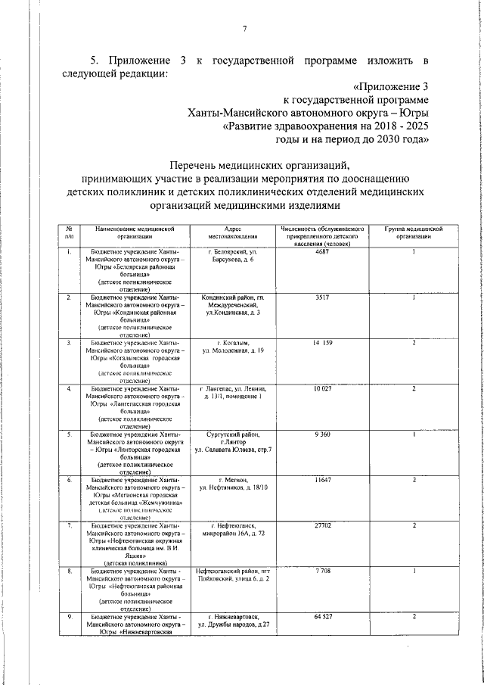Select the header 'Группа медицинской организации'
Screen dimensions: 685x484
coord(414,232)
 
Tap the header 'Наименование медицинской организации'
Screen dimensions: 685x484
coord(135,232)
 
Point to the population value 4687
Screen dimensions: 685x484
coord(323,251)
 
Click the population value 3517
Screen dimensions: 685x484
coord(323,297)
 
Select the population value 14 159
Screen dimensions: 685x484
coord(323,343)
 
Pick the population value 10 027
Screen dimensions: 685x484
coord(323,388)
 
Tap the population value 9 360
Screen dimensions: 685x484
coord(323,434)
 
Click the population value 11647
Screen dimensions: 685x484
coord(323,480)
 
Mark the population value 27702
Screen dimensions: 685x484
coord(323,525)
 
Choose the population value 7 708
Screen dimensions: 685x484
coord(323,571)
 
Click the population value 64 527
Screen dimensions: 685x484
coord(323,618)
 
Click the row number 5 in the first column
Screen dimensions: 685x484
coord(69,434)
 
